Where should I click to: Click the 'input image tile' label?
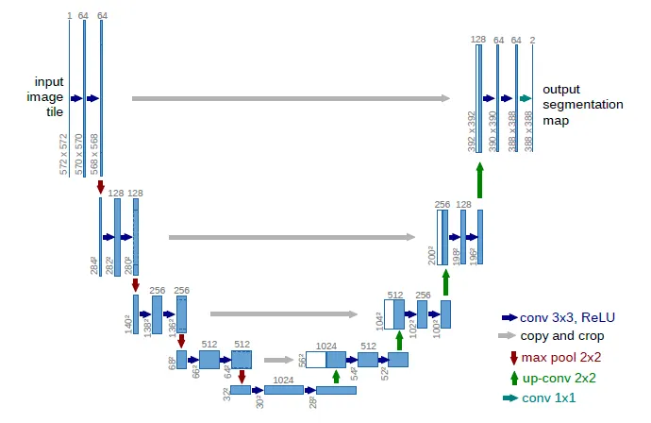pos(49,96)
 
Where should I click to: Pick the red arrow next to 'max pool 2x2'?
pos(512,358)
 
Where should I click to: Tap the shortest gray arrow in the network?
pos(279,360)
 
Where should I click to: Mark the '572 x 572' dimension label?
pos(64,154)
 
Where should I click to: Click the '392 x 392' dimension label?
pos(472,132)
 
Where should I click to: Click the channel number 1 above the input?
pos(70,15)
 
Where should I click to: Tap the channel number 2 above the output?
pos(533,39)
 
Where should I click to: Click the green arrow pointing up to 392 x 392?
pos(479,179)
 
